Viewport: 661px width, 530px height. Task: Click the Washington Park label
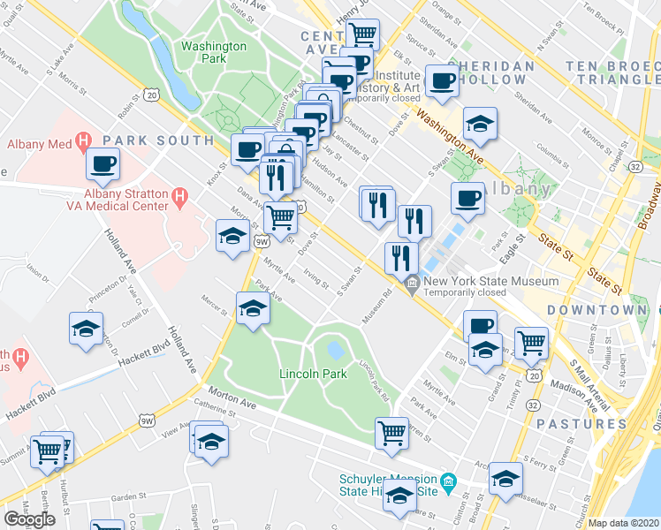(x=213, y=52)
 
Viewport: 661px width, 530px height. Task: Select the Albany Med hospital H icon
(x=84, y=140)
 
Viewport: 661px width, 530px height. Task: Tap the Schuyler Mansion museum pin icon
(x=448, y=481)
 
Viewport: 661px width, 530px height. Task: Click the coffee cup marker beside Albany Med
(x=103, y=164)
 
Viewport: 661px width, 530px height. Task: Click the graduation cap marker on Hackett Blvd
(x=87, y=329)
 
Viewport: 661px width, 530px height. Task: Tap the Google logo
(x=29, y=519)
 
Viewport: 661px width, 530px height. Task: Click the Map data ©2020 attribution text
(x=624, y=523)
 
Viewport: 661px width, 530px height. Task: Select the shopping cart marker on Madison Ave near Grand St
(x=530, y=342)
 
